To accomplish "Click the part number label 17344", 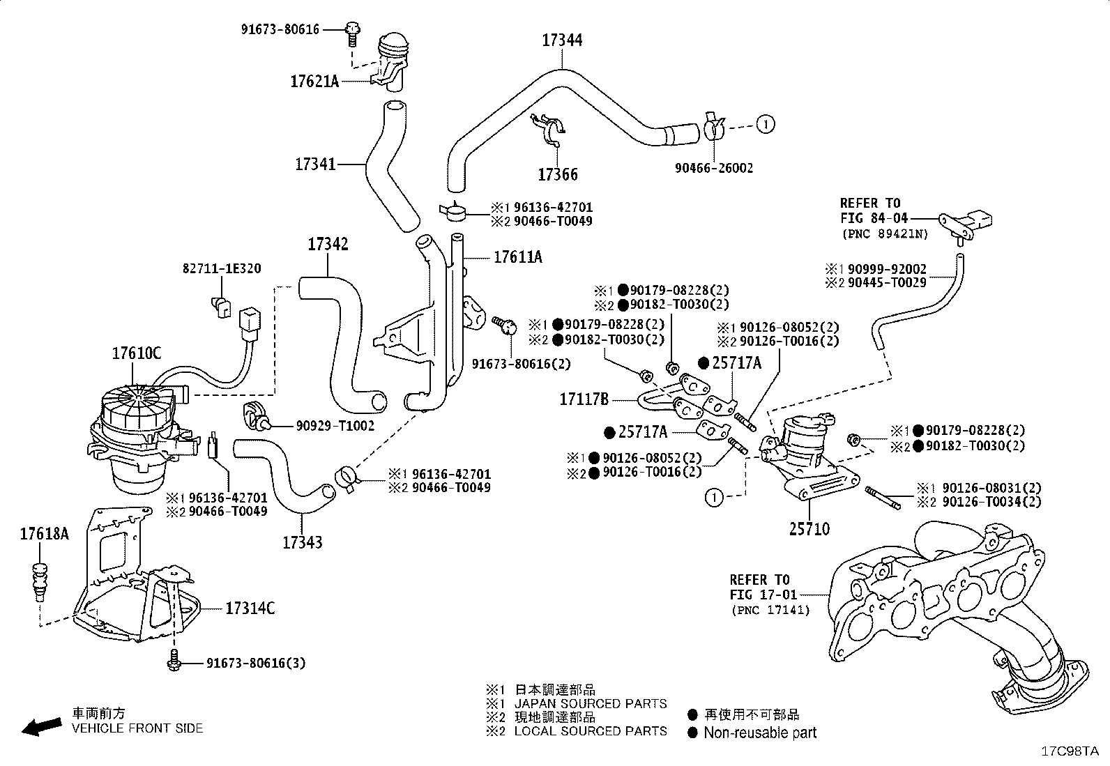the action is pyautogui.click(x=562, y=40).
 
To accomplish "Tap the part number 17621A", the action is pyautogui.click(x=314, y=82).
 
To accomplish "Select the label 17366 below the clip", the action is pyautogui.click(x=558, y=174).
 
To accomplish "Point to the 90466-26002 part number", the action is pyautogui.click(x=714, y=168).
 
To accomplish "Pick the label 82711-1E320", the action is pyautogui.click(x=222, y=268).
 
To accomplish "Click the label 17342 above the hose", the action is pyautogui.click(x=328, y=244).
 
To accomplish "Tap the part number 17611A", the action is pyautogui.click(x=518, y=257).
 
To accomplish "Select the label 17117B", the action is pyautogui.click(x=584, y=399).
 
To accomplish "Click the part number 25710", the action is pyautogui.click(x=809, y=529).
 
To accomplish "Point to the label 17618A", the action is pyautogui.click(x=44, y=534).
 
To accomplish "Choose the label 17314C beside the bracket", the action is pyautogui.click(x=250, y=608).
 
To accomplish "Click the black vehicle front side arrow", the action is pyautogui.click(x=42, y=726).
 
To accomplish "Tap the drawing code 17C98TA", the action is pyautogui.click(x=1070, y=751).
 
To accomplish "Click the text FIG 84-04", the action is pyautogui.click(x=874, y=218).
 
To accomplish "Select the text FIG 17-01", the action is pyautogui.click(x=763, y=595).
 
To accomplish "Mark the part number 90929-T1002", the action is pyautogui.click(x=335, y=426).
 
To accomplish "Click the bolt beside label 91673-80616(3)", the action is pyautogui.click(x=174, y=661).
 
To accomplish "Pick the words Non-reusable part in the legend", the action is pyautogui.click(x=760, y=733).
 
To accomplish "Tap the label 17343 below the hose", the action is pyautogui.click(x=303, y=542).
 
